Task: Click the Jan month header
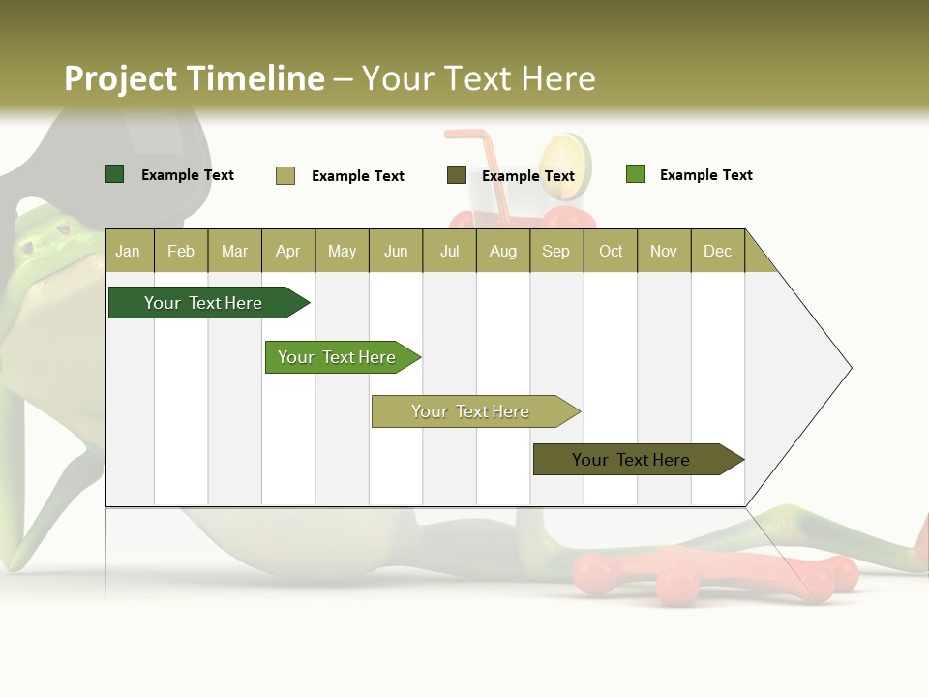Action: click(128, 251)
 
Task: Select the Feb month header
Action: click(181, 251)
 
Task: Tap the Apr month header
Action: click(287, 251)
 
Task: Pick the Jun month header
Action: click(396, 251)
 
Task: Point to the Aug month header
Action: click(502, 251)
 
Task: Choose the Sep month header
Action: click(555, 251)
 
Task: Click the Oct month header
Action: click(611, 251)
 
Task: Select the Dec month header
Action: click(717, 251)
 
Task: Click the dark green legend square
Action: click(114, 174)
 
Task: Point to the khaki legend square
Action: click(285, 175)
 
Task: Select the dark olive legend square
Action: click(457, 175)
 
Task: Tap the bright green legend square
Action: click(635, 174)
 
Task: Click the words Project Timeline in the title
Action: click(195, 78)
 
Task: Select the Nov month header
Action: click(663, 251)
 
